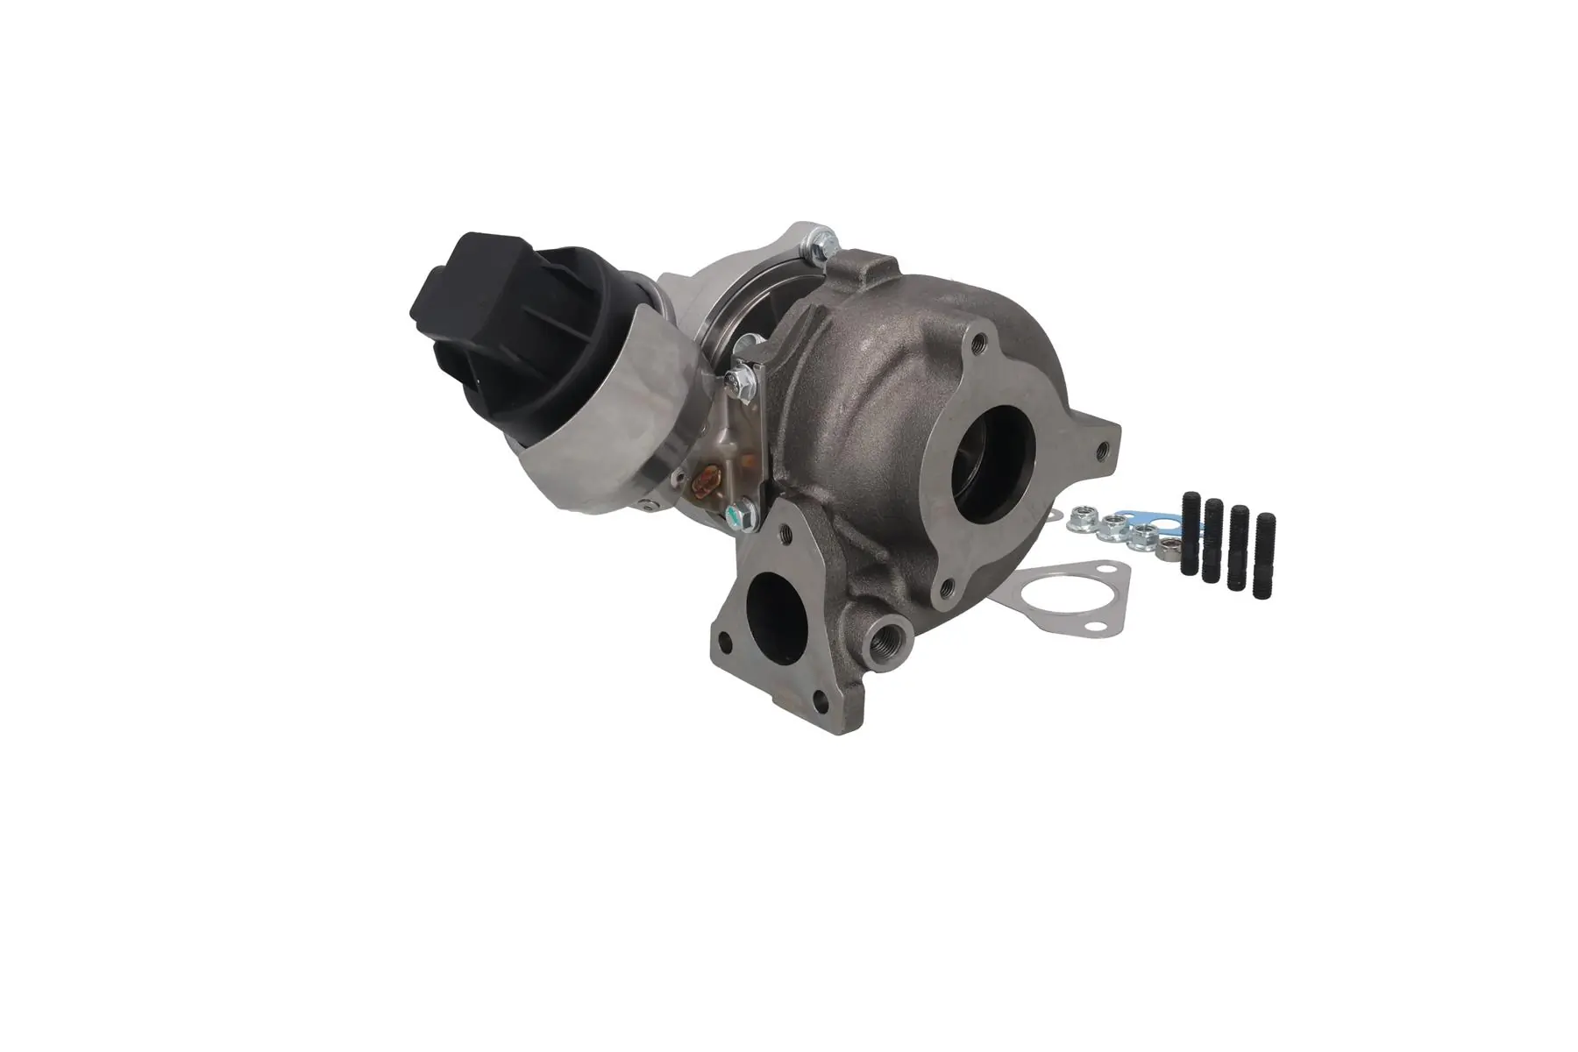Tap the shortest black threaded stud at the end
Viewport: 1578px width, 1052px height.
coord(1266,557)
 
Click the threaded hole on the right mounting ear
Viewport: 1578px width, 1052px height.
coord(1101,451)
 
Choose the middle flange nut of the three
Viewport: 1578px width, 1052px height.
coord(1113,529)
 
